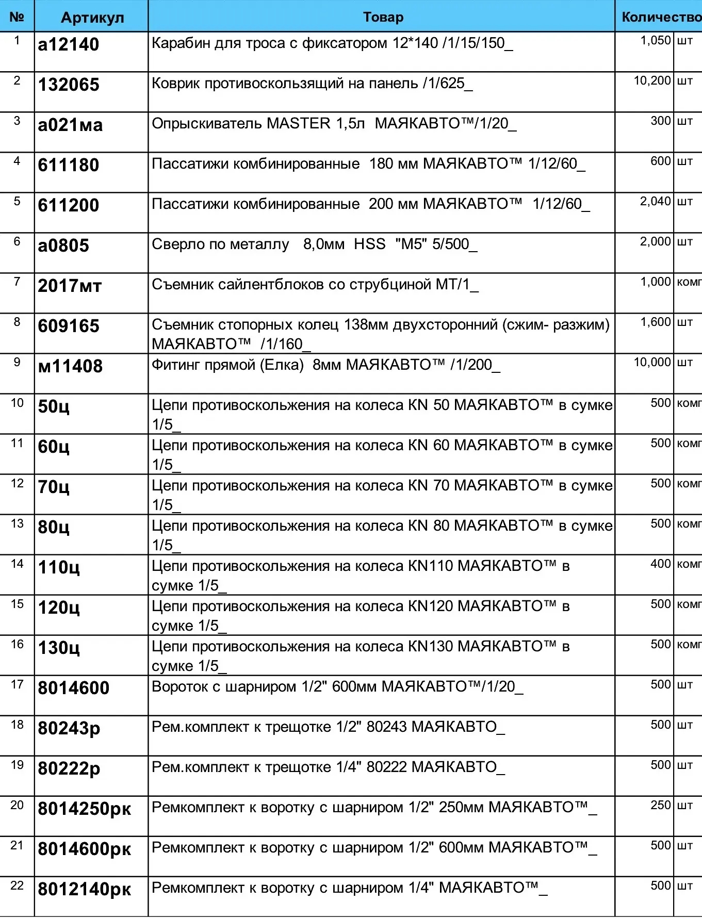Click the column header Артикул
[x=92, y=18]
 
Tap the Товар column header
[x=383, y=17]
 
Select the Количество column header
[x=661, y=17]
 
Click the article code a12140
[x=69, y=45]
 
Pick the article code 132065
[x=69, y=85]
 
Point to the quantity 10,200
[x=652, y=81]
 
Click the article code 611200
[x=69, y=206]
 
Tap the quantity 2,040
[x=655, y=202]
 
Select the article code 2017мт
[x=70, y=286]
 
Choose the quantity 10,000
[x=652, y=363]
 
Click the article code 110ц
[x=59, y=568]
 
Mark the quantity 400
[x=660, y=564]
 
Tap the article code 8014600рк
[x=85, y=849]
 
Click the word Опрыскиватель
[x=206, y=124]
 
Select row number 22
[x=17, y=886]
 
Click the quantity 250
[x=660, y=805]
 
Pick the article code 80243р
[x=69, y=729]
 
